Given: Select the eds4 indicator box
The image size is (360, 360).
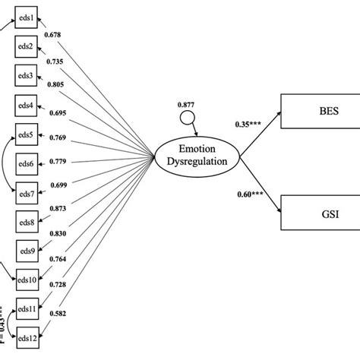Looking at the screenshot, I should [26, 106].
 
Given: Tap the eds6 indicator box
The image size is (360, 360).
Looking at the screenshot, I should [26, 164].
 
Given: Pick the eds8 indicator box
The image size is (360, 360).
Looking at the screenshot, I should [26, 223].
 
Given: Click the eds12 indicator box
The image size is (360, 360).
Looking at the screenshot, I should [26, 337].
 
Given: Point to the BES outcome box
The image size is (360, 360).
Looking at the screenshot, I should [319, 109].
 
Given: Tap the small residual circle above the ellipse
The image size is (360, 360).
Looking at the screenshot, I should [186, 118].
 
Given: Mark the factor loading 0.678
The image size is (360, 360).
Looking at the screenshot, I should [54, 34].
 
